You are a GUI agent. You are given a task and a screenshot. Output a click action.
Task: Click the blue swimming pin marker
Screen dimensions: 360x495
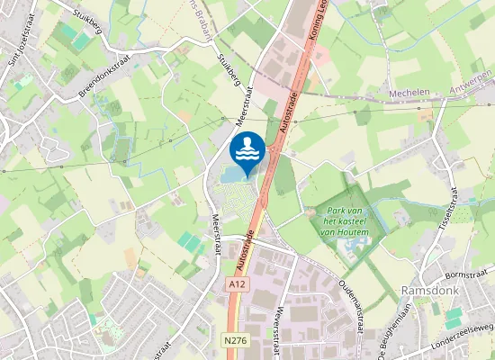click(x=247, y=149)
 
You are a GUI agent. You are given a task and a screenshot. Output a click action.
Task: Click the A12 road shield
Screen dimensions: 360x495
click(x=236, y=284)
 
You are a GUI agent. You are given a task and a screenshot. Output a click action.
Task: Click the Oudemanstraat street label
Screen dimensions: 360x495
click(x=349, y=302)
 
